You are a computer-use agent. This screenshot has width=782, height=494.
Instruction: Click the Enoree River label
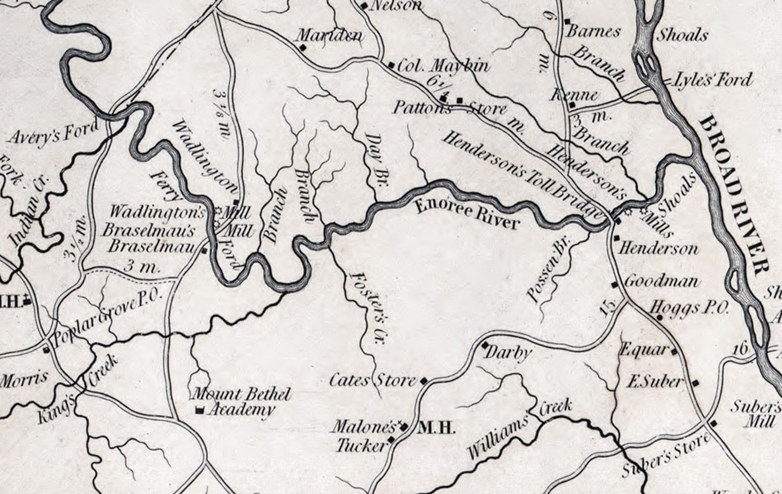pyautogui.click(x=467, y=214)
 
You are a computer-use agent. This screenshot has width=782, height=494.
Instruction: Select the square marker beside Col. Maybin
pyautogui.click(x=391, y=65)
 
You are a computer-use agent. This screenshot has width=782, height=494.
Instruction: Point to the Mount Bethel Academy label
pyautogui.click(x=241, y=401)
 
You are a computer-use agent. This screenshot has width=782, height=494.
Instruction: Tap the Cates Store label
pyautogui.click(x=372, y=380)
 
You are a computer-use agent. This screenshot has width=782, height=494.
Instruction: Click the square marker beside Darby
pyautogui.click(x=485, y=344)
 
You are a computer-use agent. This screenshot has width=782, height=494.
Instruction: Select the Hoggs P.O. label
pyautogui.click(x=689, y=309)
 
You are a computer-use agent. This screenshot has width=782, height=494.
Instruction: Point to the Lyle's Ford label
pyautogui.click(x=712, y=79)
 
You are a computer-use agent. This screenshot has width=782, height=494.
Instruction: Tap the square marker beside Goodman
pyautogui.click(x=614, y=284)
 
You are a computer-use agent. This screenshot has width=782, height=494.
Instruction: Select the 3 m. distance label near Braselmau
pyautogui.click(x=142, y=268)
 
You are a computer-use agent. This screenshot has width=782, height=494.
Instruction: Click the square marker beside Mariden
pyautogui.click(x=302, y=47)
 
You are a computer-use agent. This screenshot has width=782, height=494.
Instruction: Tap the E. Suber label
pyautogui.click(x=654, y=381)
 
